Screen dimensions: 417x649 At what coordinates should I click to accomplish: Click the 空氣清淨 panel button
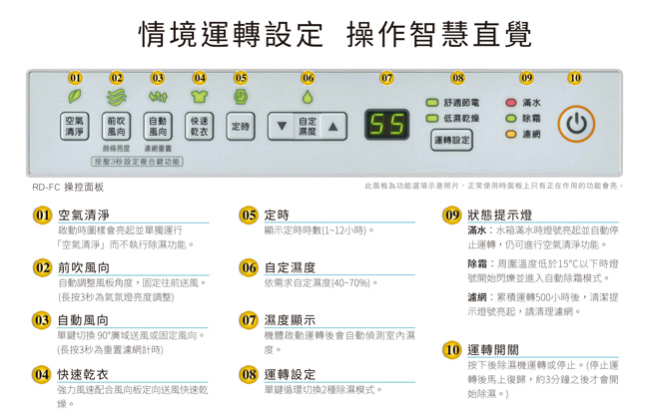coord(75,127)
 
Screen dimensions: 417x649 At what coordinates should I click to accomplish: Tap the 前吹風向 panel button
coord(117,127)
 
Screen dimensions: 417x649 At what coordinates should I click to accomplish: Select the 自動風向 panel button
coord(158,127)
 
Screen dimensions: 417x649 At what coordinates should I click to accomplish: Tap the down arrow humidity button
coord(283,127)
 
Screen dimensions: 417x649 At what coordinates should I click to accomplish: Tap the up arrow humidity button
coord(332,127)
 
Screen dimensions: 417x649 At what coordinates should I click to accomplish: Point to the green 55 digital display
coord(386,125)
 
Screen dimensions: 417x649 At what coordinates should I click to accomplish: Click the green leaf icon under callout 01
coord(75,97)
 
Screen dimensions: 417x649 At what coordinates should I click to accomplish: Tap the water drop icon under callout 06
coord(308,97)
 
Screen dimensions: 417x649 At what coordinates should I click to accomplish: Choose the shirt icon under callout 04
coord(200,97)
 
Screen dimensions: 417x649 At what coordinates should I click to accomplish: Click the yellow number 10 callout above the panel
coord(574,78)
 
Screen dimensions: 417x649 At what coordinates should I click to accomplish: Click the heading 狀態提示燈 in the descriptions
coord(499,215)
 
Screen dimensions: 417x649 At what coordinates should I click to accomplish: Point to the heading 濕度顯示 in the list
coord(290,320)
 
